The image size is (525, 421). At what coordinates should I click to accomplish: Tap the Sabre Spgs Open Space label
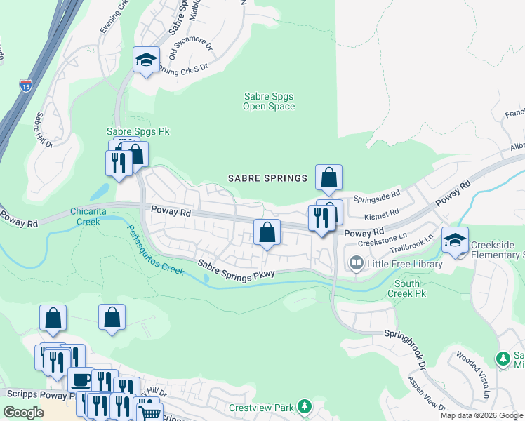coord(269,102)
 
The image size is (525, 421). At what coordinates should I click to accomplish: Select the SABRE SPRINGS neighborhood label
coord(268,178)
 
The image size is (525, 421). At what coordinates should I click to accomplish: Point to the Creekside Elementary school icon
coord(456,241)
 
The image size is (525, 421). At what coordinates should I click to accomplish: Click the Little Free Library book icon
coord(357,264)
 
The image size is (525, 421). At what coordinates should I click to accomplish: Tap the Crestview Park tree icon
coord(304,407)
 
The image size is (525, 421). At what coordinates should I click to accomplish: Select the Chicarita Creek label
coord(93,216)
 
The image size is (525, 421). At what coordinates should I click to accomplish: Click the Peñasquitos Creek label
coord(155,250)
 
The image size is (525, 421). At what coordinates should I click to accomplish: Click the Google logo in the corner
coord(24,413)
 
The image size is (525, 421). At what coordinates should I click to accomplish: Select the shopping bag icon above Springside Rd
coord(328,178)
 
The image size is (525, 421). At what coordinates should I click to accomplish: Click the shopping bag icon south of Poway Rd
coord(267,233)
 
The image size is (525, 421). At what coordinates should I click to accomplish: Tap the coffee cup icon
coord(81,380)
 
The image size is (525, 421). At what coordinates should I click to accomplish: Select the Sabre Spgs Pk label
coord(138,131)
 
